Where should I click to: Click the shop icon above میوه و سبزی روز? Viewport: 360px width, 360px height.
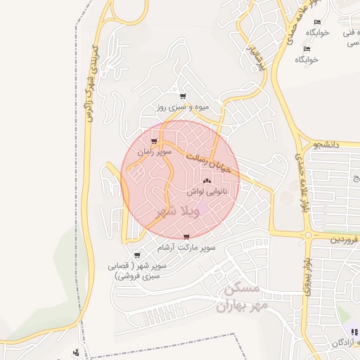coord(183,96)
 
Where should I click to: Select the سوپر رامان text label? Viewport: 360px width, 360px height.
coord(154,151)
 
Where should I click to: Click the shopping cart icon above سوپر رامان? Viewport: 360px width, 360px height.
coord(154,141)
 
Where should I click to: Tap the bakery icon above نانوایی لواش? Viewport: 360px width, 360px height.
coord(206,181)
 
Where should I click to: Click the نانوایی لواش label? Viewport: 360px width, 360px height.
coord(206,191)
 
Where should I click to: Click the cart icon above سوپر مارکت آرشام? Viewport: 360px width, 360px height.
coord(186,237)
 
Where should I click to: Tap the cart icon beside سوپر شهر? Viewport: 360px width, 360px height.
coord(136,255)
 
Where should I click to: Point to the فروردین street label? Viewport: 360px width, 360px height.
coord(345,240)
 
